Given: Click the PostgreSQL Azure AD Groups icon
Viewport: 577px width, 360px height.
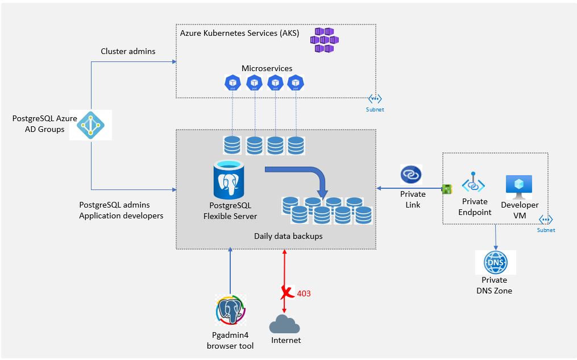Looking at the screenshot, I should click(x=91, y=124).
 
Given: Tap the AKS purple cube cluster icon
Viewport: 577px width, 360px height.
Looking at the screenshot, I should click(x=324, y=40).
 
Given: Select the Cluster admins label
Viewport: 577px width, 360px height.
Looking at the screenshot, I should click(x=128, y=51).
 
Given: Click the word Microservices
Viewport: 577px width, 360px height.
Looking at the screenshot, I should click(x=267, y=68).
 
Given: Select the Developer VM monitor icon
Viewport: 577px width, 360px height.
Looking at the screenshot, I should click(x=518, y=187).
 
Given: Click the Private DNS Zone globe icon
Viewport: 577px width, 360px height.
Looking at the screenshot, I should click(x=496, y=263).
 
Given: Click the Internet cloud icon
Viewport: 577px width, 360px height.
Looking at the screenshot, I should click(x=285, y=324).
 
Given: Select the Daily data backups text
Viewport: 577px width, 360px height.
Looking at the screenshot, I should click(x=288, y=235).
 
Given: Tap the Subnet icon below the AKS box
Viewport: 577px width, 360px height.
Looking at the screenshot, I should click(x=375, y=99).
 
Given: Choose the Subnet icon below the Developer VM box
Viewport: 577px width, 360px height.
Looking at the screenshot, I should click(x=546, y=220).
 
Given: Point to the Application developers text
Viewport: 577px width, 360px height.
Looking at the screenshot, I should click(x=121, y=216).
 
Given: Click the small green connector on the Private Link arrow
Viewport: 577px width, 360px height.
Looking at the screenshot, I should click(x=447, y=188).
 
